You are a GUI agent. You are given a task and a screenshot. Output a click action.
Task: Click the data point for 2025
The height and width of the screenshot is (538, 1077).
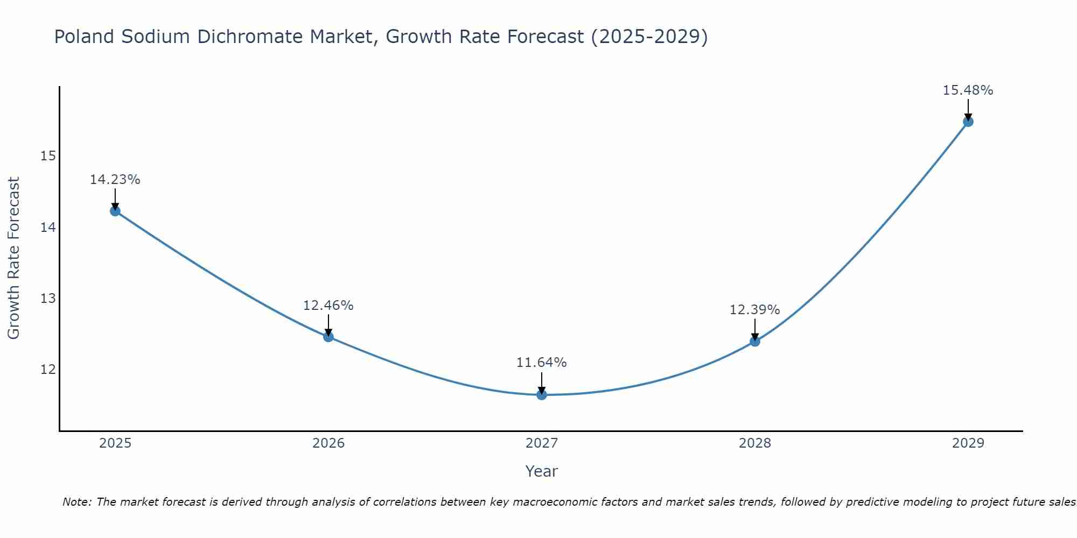pos(115,211)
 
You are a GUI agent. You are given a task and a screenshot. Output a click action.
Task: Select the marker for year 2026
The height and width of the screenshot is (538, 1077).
pos(328,337)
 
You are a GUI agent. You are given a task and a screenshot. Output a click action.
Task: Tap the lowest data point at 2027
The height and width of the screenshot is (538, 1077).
pos(542,395)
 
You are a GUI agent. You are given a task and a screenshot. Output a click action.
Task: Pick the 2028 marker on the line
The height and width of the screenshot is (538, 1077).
pos(755,341)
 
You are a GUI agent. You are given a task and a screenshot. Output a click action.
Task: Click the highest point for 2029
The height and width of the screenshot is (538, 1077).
pos(968,122)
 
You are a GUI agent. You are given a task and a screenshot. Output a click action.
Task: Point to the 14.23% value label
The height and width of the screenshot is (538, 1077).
pos(115,180)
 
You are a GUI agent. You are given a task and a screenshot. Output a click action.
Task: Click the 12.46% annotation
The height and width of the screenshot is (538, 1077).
pos(328,306)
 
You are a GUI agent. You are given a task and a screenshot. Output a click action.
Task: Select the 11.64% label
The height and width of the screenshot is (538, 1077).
pos(542,363)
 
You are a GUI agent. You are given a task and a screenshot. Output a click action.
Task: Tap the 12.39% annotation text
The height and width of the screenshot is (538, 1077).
pos(755,310)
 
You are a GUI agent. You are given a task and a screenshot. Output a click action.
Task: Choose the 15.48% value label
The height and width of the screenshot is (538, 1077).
pos(968,90)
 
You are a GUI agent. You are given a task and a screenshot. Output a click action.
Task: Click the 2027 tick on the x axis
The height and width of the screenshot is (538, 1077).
pos(542,443)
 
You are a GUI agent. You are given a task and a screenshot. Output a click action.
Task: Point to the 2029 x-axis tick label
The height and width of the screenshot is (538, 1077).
pos(968,443)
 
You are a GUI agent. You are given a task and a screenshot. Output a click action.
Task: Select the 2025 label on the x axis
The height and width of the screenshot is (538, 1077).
pos(115,443)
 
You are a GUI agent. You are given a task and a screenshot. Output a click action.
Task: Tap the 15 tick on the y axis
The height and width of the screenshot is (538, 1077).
pos(48,156)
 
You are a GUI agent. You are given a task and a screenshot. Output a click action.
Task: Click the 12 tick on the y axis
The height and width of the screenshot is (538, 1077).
pos(48,369)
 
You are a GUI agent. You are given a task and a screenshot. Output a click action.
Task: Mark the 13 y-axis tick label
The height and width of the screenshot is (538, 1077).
pos(48,298)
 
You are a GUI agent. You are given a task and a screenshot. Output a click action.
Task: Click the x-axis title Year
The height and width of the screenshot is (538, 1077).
pos(542,471)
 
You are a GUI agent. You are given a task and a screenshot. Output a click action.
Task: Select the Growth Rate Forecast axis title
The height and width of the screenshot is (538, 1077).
pos(13,258)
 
